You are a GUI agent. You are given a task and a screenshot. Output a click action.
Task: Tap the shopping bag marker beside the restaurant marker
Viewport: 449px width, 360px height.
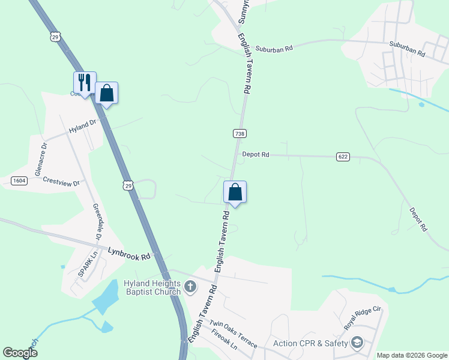pyautogui.click(x=106, y=93)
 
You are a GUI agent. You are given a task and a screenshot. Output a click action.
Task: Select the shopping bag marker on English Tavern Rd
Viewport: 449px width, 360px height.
pyautogui.click(x=235, y=193)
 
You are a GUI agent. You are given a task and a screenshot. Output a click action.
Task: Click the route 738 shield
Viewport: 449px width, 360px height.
pyautogui.click(x=240, y=134)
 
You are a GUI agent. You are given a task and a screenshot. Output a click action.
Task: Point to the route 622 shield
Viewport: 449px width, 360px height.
pyautogui.click(x=343, y=157)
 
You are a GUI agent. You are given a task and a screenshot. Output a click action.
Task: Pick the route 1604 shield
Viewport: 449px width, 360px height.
pyautogui.click(x=17, y=181)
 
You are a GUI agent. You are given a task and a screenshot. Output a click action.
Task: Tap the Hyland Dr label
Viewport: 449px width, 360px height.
pyautogui.click(x=82, y=127)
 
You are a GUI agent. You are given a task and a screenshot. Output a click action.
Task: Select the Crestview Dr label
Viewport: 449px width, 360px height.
pyautogui.click(x=61, y=181)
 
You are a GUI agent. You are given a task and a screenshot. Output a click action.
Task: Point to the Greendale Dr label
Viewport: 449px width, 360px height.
pyautogui.click(x=97, y=222)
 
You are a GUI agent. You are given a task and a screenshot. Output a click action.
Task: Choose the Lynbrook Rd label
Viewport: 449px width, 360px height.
pyautogui.click(x=129, y=253)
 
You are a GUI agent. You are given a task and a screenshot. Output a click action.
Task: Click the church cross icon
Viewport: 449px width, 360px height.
pyautogui.click(x=190, y=287)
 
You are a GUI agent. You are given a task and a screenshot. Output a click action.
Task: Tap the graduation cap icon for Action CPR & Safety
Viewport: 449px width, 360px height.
pyautogui.click(x=357, y=343)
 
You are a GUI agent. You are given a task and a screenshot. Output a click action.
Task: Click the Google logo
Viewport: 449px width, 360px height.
pyautogui.click(x=20, y=353)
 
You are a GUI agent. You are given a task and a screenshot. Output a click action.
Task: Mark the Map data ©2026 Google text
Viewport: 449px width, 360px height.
pyautogui.click(x=411, y=355)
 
